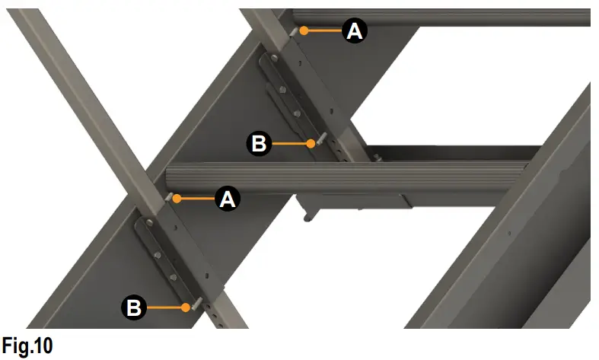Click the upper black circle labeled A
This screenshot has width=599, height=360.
pyautogui.click(x=355, y=30)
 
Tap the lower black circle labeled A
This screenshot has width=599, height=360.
pyautogui.click(x=228, y=199)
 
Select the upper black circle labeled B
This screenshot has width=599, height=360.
pyautogui.click(x=259, y=143)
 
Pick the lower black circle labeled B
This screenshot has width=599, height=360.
pyautogui.click(x=133, y=307)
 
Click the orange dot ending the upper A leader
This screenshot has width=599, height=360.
pyautogui.click(x=303, y=30)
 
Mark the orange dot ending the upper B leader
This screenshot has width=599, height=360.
pyautogui.click(x=311, y=142)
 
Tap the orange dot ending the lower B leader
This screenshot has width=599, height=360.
pyautogui.click(x=185, y=307)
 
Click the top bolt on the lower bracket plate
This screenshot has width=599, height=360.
pyautogui.click(x=149, y=223)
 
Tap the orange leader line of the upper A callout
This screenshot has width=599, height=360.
pyautogui.click(x=323, y=30)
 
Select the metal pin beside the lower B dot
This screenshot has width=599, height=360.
pyautogui.click(x=195, y=304)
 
